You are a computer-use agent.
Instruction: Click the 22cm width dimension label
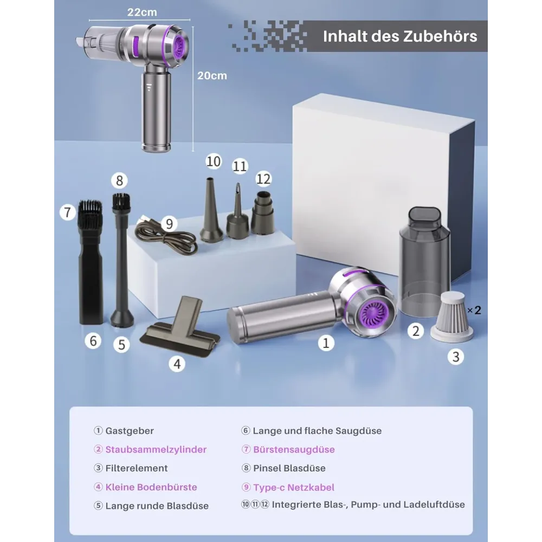pos(142,12)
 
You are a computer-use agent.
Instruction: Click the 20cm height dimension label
pos(212,76)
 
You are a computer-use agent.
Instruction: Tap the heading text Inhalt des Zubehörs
pos(400,36)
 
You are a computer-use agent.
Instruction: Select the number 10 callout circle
pos(213,162)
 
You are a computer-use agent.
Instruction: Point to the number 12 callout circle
pos(263,179)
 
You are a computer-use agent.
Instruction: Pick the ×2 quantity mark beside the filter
pos(474,310)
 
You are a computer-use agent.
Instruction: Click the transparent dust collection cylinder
pos(424,261)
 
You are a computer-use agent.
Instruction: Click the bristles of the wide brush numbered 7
pos(90,212)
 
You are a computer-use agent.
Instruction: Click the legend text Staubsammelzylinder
pos(156,449)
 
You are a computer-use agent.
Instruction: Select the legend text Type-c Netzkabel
pos(294,487)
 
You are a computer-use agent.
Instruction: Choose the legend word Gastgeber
pos(130,431)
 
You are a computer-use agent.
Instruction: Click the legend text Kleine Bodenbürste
pos(151,487)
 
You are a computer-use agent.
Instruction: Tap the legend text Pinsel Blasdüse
pos(289,468)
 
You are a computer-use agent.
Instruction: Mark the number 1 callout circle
pos(326,343)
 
